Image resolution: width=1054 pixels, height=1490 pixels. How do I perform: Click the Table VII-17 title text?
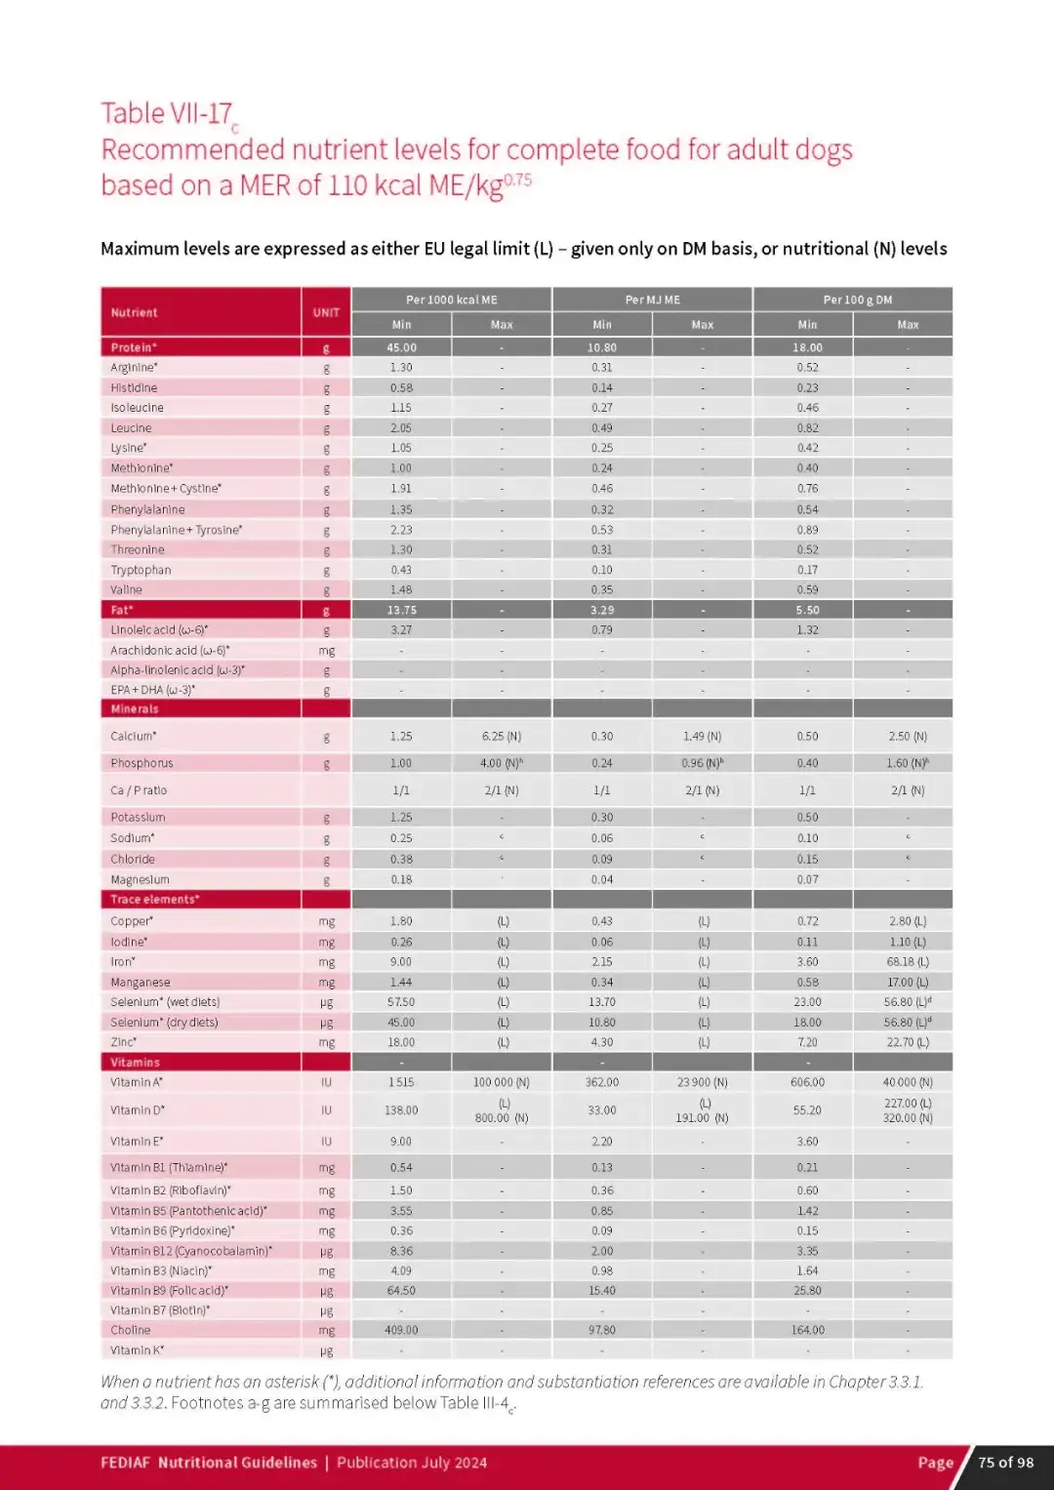pos(167,113)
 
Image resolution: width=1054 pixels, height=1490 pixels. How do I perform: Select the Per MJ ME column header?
pos(652,300)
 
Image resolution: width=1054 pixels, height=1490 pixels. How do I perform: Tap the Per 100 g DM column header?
pos(857,300)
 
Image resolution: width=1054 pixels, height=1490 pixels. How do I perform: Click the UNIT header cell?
pos(326,312)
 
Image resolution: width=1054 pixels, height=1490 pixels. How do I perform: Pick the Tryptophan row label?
pos(141,570)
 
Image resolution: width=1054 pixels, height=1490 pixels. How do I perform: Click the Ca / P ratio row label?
pos(139,790)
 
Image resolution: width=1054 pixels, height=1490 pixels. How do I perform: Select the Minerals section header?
pos(135,709)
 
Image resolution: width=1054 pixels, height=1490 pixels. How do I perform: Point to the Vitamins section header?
pos(135,1063)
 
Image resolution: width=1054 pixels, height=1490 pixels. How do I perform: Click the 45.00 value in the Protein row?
pos(401,347)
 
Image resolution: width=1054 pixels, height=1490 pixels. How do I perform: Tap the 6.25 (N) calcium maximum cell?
pos(502,737)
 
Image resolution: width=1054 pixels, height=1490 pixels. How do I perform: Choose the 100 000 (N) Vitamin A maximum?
pos(502,1082)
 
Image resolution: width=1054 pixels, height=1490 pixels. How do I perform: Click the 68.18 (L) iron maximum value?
pos(907,962)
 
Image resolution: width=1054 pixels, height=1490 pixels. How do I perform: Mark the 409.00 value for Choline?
pos(401,1330)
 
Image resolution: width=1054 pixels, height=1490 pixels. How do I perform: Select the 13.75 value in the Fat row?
pos(401,610)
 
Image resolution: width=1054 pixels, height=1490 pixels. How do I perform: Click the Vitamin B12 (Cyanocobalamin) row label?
pos(191,1251)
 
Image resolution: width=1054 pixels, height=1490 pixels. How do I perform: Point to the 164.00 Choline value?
pos(807,1330)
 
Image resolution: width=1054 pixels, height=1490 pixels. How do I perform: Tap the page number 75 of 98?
pos(1005,1463)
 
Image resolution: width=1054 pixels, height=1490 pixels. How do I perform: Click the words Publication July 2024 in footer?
pos(412,1463)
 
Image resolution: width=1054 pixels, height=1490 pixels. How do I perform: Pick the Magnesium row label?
pos(140,880)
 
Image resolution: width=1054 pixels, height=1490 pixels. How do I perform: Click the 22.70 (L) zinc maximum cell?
pos(907,1042)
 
